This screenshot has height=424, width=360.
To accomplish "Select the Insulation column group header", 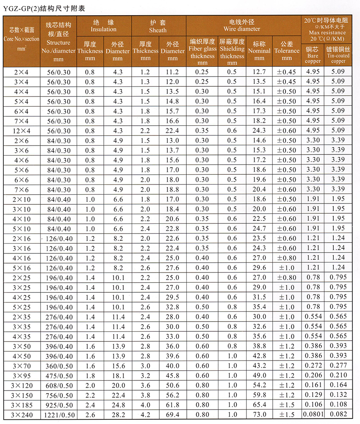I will click(x=103, y=26).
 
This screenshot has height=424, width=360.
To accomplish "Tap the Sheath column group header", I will click(x=158, y=26).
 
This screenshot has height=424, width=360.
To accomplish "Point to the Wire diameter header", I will click(x=244, y=25).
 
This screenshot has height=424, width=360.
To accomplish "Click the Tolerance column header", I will click(x=287, y=51).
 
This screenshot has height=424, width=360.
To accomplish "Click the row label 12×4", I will click(x=22, y=130).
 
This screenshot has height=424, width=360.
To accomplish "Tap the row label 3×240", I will click(x=22, y=414).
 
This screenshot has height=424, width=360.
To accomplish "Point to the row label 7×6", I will click(x=22, y=189).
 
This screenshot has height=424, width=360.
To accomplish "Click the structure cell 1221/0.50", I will click(x=58, y=414).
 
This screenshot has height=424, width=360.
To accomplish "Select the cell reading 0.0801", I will click(x=313, y=414).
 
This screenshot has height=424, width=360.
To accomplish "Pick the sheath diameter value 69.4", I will click(x=172, y=414).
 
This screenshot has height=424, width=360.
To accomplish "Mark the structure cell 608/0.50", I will click(x=58, y=385).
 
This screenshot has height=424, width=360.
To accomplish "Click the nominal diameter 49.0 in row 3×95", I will click(x=259, y=375).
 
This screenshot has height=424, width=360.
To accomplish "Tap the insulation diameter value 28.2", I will click(x=117, y=414).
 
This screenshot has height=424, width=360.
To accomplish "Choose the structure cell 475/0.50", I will click(x=58, y=375).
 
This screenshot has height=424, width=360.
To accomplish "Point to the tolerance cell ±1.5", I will click(x=287, y=414).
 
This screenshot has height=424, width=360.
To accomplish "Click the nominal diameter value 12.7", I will click(x=259, y=72).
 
